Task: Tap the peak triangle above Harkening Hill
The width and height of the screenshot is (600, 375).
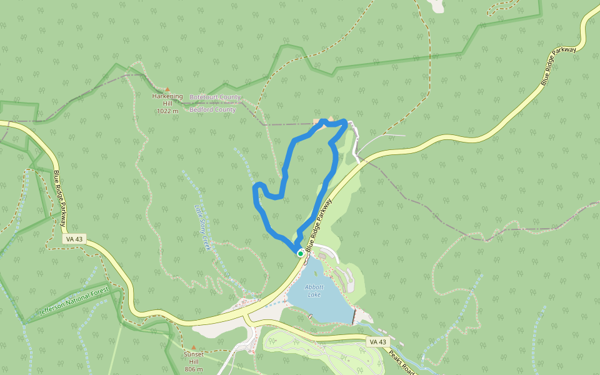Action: pyautogui.click(x=167, y=89)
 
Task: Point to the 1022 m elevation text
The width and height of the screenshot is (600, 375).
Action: pyautogui.click(x=167, y=111)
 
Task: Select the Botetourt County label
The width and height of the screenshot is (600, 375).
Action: pyautogui.click(x=215, y=97)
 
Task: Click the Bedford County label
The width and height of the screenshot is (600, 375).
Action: pyautogui.click(x=212, y=110)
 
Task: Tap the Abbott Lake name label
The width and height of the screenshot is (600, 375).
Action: pyautogui.click(x=314, y=291)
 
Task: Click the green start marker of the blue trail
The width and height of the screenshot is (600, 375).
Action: pyautogui.click(x=301, y=254)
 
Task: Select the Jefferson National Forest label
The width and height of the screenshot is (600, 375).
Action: pyautogui.click(x=74, y=301)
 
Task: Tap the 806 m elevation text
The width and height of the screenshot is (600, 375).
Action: pyautogui.click(x=194, y=369)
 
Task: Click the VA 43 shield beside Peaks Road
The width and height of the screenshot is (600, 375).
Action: pyautogui.click(x=378, y=342)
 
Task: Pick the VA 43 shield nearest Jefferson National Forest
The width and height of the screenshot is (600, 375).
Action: pyautogui.click(x=74, y=239)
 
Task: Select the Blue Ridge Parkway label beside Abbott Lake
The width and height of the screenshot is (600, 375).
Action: pyautogui.click(x=317, y=225)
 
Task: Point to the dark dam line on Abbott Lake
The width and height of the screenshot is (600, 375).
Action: pyautogui.click(x=354, y=316)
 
